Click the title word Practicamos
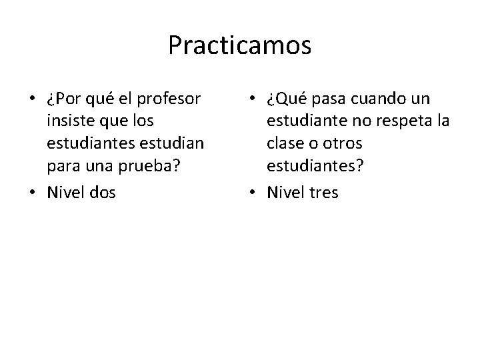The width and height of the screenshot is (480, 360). (x=239, y=45)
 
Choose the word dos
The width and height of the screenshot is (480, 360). (x=101, y=192)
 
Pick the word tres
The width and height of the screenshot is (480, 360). (x=323, y=193)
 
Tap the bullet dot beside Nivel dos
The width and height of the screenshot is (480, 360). (x=32, y=193)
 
